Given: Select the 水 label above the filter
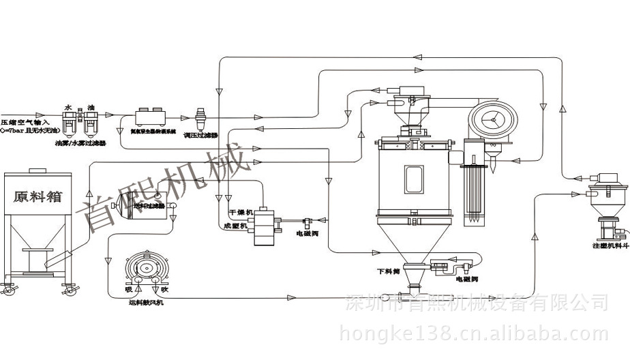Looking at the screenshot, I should coord(68,107).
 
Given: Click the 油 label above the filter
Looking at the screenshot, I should coord(90,107).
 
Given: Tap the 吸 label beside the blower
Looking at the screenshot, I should coord(127,288).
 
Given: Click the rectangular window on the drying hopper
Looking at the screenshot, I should coord(414,178).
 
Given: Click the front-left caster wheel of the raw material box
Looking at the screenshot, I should coord(8,290).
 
